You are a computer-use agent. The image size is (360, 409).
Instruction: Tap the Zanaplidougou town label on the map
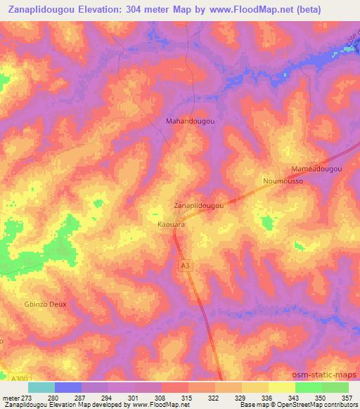(x=198, y=206)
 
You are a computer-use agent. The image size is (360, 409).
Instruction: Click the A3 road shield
(x=185, y=265)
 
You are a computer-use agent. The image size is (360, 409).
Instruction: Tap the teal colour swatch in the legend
(x=41, y=387)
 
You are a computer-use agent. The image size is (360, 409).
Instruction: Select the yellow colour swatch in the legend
(x=281, y=387)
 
